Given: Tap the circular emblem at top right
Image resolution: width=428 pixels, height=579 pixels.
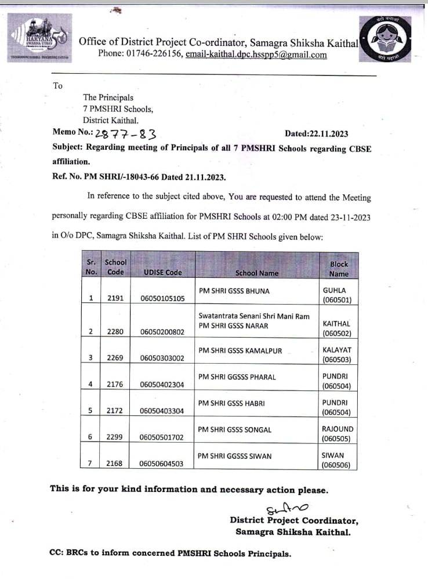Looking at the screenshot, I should [x=386, y=39].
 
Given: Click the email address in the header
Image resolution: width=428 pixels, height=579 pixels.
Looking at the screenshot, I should [x=256, y=55].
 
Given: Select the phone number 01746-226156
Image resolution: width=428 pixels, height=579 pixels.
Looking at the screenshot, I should [x=154, y=55].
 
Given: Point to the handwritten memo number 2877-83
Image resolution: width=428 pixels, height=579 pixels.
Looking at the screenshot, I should [x=126, y=135].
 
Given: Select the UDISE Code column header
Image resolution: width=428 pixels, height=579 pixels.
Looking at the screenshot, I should [x=162, y=272].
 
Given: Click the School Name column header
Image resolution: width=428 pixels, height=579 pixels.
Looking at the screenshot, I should [x=257, y=273].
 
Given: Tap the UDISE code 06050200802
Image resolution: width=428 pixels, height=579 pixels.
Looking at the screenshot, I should [x=162, y=332].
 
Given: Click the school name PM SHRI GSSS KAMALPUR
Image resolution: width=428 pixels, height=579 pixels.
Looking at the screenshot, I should [x=240, y=351].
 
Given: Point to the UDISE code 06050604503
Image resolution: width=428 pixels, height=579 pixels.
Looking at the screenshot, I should [x=162, y=464].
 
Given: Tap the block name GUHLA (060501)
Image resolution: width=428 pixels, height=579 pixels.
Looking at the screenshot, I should [x=337, y=294].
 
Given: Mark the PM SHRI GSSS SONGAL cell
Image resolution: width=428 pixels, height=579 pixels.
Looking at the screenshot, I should [x=234, y=429].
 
